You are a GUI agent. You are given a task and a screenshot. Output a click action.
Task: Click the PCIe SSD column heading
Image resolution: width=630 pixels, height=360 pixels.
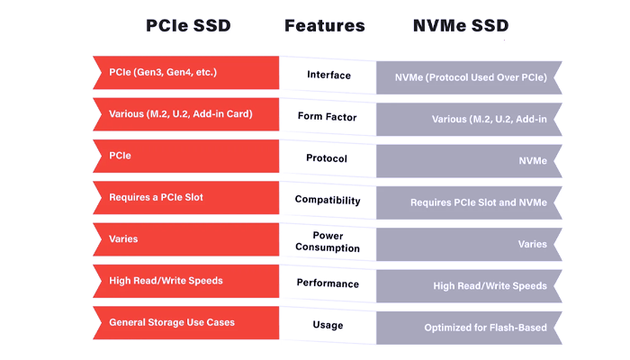click(188, 25)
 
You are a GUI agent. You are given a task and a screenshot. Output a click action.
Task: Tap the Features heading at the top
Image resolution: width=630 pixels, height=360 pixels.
click(325, 25)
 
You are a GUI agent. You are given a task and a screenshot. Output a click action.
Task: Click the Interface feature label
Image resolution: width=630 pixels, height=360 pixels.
click(328, 75)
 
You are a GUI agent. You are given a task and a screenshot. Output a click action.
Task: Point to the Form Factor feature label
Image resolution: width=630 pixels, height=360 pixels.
click(328, 116)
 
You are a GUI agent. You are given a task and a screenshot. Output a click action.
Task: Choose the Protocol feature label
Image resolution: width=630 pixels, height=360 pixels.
click(328, 157)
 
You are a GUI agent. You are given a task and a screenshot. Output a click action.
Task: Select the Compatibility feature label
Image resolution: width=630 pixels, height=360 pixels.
click(328, 199)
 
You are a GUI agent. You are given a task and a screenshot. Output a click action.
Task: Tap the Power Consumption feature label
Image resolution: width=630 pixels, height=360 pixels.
click(328, 241)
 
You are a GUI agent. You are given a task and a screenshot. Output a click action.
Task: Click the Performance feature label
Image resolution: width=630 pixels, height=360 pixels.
click(328, 283)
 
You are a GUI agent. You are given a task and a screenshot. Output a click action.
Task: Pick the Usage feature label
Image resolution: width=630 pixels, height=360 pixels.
click(328, 324)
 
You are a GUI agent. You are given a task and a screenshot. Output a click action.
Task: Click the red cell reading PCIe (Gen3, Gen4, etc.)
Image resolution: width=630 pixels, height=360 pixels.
click(184, 72)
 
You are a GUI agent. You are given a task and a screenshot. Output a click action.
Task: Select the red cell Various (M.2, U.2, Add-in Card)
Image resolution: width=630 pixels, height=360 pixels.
click(184, 113)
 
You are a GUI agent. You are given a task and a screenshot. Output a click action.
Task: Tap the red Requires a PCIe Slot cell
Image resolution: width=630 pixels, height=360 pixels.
click(184, 196)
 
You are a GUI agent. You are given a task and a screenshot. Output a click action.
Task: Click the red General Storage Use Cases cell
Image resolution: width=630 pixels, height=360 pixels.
click(184, 321)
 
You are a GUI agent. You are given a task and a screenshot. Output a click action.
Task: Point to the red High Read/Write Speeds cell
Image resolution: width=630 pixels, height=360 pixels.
click(184, 280)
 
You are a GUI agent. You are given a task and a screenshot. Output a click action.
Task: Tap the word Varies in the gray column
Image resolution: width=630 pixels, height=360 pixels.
click(532, 244)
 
